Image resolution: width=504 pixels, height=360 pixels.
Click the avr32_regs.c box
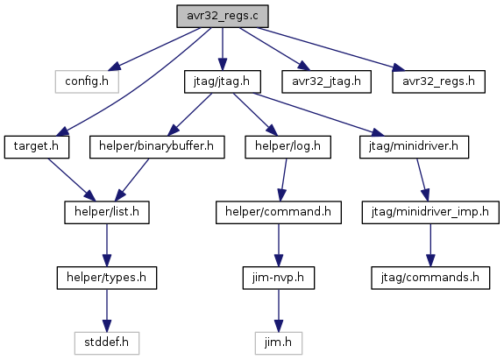tap(223, 16)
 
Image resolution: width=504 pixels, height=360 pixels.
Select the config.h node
tap(87, 81)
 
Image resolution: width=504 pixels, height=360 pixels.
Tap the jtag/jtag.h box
tap(223, 81)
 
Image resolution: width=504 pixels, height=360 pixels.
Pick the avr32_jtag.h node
tap(327, 81)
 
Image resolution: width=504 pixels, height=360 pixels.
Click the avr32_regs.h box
tap(439, 81)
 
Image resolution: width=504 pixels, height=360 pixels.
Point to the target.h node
tap(37, 147)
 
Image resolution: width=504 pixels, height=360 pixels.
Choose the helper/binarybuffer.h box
tap(157, 147)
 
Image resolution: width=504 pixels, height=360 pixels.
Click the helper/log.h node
tap(288, 147)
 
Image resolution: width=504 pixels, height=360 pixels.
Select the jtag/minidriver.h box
tap(414, 147)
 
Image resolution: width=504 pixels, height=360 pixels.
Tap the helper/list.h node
tap(107, 212)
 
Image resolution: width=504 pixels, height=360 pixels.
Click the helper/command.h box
tap(279, 212)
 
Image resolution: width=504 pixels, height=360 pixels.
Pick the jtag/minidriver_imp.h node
tap(430, 212)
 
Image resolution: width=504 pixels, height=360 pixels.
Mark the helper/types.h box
tap(107, 278)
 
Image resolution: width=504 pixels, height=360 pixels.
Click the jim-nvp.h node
tap(279, 278)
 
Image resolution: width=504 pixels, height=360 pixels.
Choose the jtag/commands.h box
tap(430, 278)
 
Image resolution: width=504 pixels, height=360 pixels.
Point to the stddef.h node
tap(107, 343)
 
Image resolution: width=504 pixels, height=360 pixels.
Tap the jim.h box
tap(279, 343)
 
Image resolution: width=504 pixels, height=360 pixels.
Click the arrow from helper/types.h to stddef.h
tap(107, 311)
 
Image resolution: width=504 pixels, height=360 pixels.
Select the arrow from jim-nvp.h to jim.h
tap(279, 311)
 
